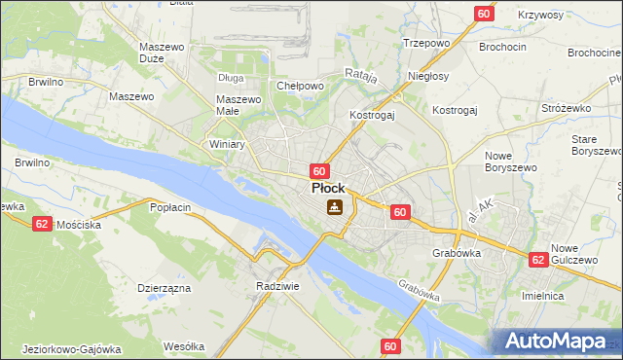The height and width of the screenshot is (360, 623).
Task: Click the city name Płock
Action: coord(327,188)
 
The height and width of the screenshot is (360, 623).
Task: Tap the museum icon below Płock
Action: coord(335,207)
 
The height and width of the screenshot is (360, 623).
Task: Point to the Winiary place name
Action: coord(227,144)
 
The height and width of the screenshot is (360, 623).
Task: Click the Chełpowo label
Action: coord(300,86)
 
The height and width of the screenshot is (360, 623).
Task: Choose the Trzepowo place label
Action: coord(424,44)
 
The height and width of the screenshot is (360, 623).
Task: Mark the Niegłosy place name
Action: coord(429,76)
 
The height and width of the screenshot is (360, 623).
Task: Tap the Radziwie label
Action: coord(276,287)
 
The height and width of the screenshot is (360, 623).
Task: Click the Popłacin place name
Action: coord(170,207)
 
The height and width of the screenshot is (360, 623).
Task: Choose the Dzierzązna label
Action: coord(164,288)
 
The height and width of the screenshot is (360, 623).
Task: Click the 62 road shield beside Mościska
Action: coord(41,223)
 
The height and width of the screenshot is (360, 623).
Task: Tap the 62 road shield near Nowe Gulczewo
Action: coord(538,260)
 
